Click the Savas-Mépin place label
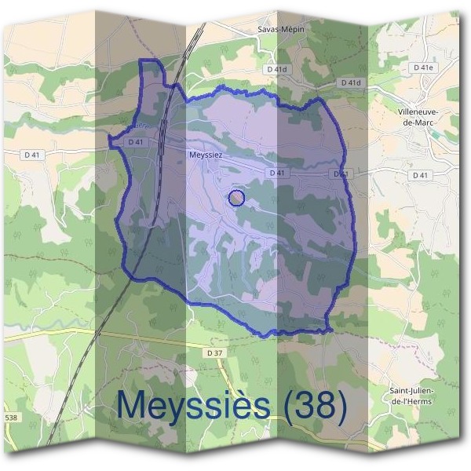[280, 29]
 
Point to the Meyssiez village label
[206, 155]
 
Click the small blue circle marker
[237, 198]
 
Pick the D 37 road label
[215, 354]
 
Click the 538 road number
[10, 417]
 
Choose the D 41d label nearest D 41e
[351, 82]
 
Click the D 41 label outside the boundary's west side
[33, 155]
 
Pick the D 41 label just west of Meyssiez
[134, 142]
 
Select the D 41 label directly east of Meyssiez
[276, 173]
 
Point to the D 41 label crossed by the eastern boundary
[340, 173]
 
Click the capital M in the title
[132, 406]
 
